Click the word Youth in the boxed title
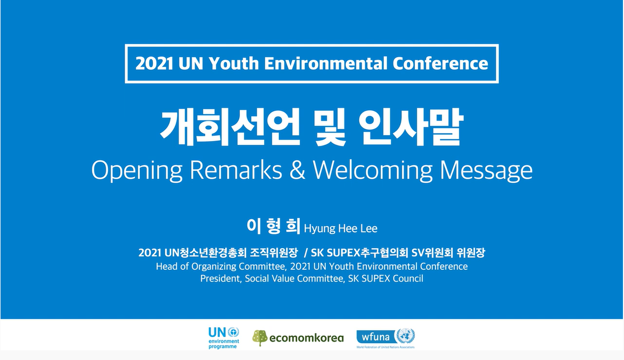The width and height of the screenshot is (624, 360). coord(233,64)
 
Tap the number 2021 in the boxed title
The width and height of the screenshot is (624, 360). coord(154,64)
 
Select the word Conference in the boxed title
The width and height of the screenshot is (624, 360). coord(440,64)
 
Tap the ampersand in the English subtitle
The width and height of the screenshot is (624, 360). coord(297,170)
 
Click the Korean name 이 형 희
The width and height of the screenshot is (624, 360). coord(273,226)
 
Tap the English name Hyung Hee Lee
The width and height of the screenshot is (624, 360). coord(341,228)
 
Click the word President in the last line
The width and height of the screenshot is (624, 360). coord(220,278)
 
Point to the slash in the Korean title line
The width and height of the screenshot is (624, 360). coord(306,252)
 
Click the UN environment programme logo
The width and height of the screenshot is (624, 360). coord(224,338)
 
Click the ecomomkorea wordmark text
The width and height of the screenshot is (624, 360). coord(306,338)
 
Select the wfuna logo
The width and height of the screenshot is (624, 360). coord(386,338)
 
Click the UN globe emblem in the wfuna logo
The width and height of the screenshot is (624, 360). coord(406,336)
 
